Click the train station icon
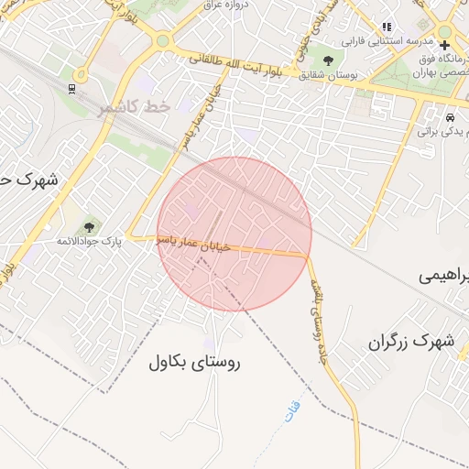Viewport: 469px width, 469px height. pyautogui.click(x=71, y=89)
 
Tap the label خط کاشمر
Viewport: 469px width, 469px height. pyautogui.click(x=135, y=107)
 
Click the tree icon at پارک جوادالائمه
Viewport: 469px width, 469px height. pyautogui.click(x=89, y=225)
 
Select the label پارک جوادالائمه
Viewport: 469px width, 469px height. pyautogui.click(x=89, y=241)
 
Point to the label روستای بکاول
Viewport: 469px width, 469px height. pyautogui.click(x=193, y=362)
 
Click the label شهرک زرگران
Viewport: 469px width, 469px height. pyautogui.click(x=411, y=342)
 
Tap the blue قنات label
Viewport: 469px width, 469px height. pyautogui.click(x=292, y=406)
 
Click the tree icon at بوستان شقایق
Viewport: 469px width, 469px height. pyautogui.click(x=328, y=60)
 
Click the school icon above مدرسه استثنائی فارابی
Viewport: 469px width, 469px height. pyautogui.click(x=387, y=27)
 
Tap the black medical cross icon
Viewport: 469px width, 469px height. pyautogui.click(x=444, y=45)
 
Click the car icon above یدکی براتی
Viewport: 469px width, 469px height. pyautogui.click(x=450, y=118)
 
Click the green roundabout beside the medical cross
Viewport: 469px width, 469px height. pyautogui.click(x=444, y=30)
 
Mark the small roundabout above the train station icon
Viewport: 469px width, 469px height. pyautogui.click(x=81, y=75)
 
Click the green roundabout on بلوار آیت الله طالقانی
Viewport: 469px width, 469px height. pyautogui.click(x=163, y=40)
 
